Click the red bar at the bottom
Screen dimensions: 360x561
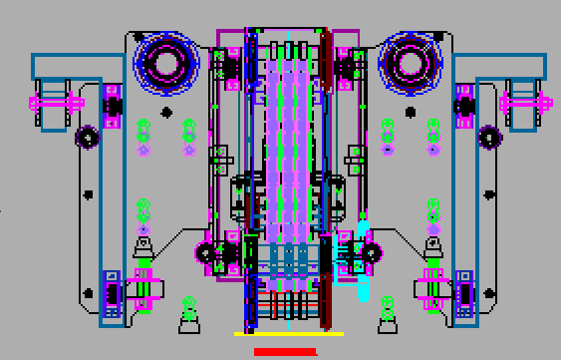click(x=285, y=351)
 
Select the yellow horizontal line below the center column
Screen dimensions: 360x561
click(x=288, y=334)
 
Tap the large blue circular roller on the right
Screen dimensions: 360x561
click(x=410, y=62)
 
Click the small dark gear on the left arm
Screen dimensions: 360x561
click(x=87, y=136)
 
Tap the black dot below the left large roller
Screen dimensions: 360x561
click(x=166, y=111)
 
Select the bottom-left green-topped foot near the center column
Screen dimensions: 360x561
click(x=188, y=314)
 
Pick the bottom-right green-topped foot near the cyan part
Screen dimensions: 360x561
click(x=387, y=314)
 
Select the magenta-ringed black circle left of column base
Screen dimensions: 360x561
click(x=206, y=253)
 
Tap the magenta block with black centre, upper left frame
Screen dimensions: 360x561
click(x=112, y=102)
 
